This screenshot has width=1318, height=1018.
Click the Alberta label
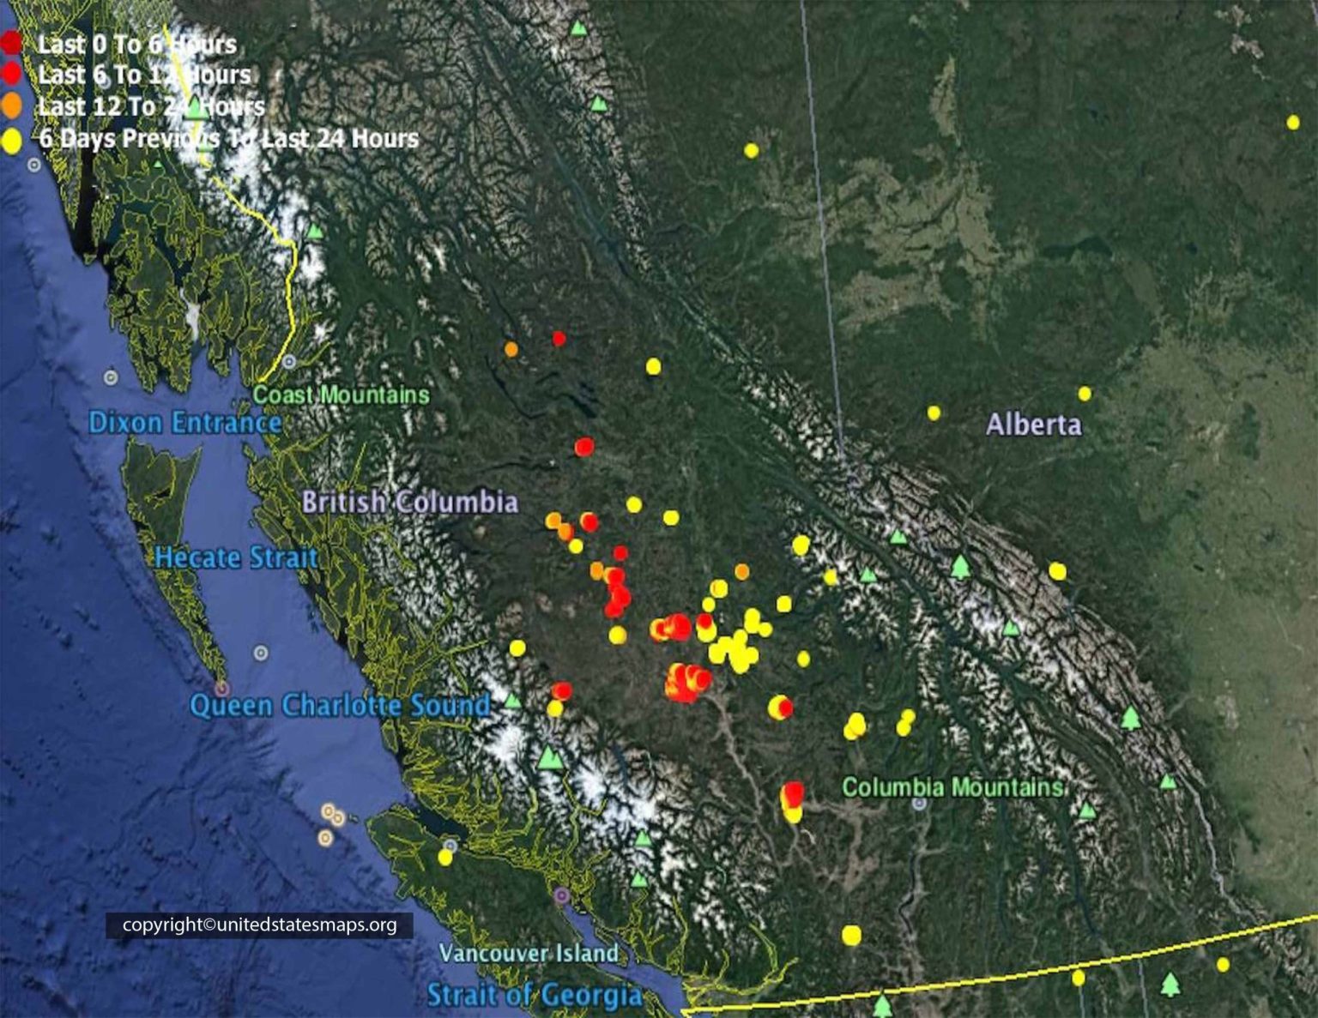coord(1033,425)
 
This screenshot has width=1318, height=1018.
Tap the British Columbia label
coord(409,502)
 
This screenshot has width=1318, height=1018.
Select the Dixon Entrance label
coord(184,422)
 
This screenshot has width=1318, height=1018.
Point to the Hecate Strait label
coord(236,557)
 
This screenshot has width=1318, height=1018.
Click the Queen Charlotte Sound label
coord(340,706)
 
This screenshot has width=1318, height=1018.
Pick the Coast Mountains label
coord(342,395)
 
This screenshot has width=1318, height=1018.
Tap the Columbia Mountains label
coord(952,787)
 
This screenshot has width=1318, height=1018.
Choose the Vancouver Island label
coord(529,953)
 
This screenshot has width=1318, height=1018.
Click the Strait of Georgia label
coord(535,995)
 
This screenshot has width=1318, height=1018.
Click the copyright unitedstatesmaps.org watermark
coord(259,925)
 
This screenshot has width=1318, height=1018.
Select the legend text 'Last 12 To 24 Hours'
coord(151,106)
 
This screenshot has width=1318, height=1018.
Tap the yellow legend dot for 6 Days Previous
coord(11,139)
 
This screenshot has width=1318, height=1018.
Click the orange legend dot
coord(11,106)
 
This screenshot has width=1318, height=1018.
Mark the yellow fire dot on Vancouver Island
coord(444,857)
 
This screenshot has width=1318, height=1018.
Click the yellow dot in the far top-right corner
coord(1293,123)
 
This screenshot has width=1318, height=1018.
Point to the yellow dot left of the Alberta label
coord(934,413)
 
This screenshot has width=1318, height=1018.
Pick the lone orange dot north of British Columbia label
coord(511,349)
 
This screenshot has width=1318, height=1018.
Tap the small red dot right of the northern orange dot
coord(559,339)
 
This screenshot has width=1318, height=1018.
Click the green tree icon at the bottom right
coord(1170,984)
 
